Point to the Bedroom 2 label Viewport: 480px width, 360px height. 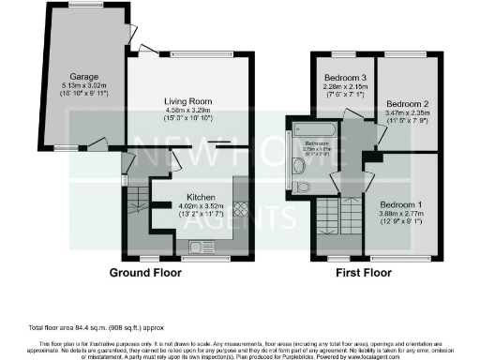pos(408,103)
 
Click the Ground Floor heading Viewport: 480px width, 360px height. pos(145,273)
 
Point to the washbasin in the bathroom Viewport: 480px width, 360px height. pos(299,165)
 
